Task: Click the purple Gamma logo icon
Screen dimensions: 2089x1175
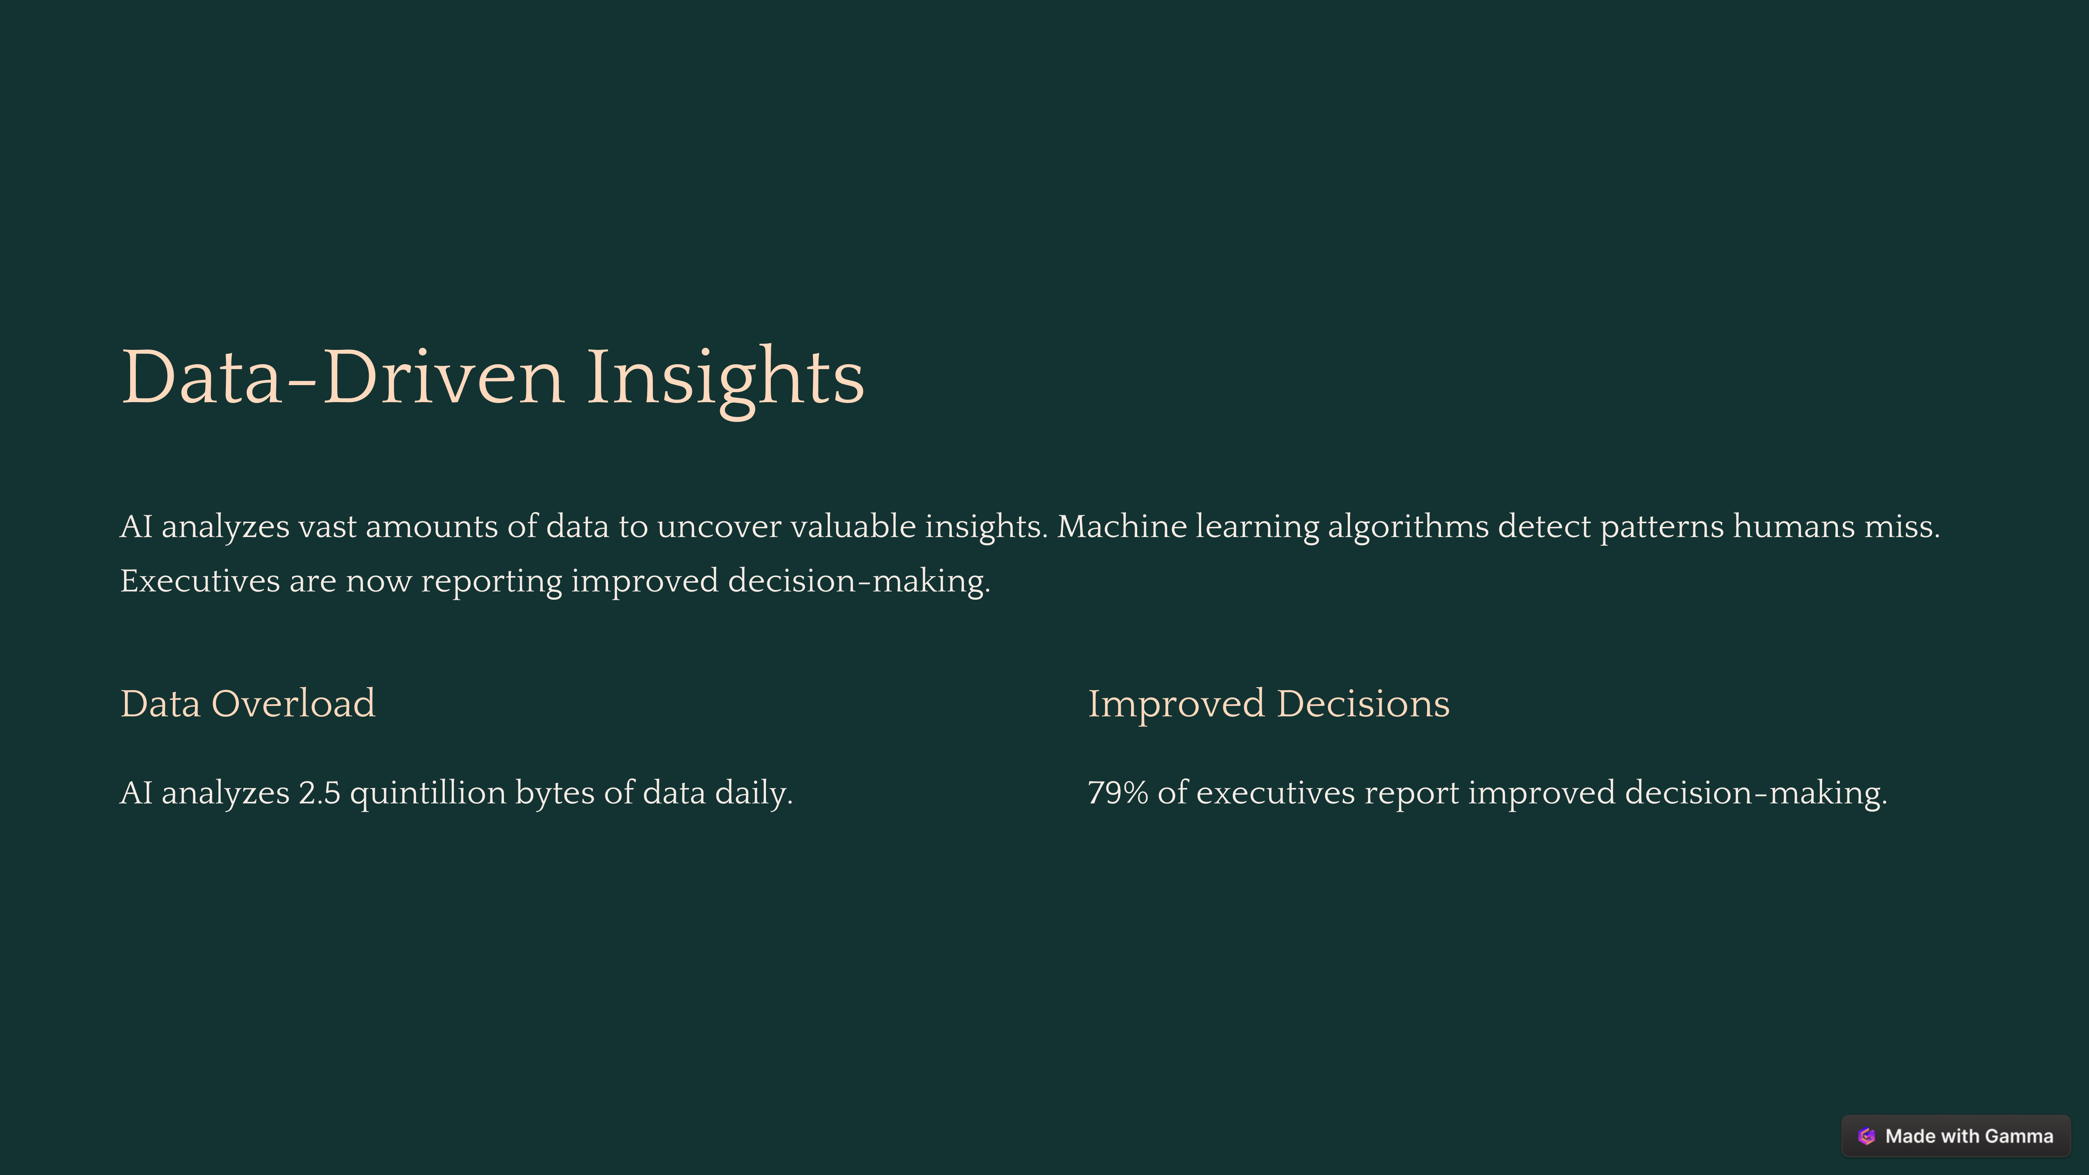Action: point(1867,1136)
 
